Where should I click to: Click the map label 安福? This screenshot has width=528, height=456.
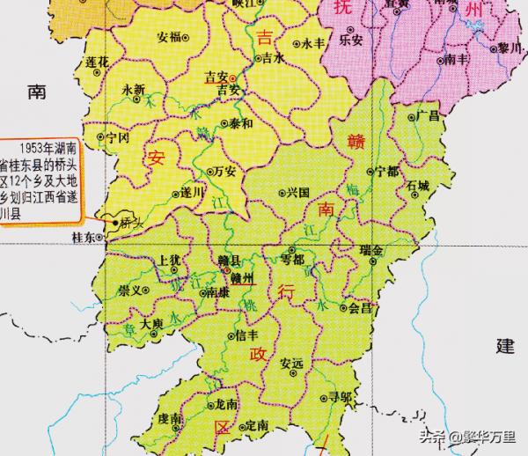click(167, 37)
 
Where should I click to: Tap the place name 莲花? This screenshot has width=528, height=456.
click(98, 62)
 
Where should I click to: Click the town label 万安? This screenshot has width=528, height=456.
click(225, 171)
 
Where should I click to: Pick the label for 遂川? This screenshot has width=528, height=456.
click(193, 191)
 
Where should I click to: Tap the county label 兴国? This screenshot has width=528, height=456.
click(299, 191)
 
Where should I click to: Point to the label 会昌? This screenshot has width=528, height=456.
click(361, 309)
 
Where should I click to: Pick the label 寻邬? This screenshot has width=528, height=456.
click(340, 397)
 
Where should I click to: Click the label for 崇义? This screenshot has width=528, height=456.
click(131, 288)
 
